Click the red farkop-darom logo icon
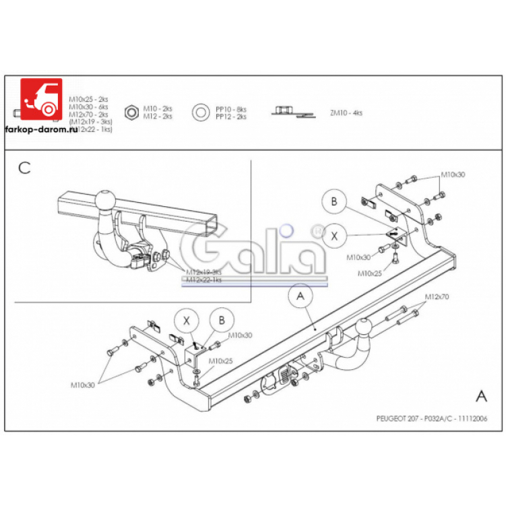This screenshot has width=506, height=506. point(40,100)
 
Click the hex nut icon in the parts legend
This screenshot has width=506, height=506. point(132,112)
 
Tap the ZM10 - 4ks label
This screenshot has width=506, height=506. point(346,113)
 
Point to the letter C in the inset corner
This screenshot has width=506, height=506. point(24,168)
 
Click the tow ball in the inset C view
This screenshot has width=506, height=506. point(107,200)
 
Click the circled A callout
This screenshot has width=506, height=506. point(299,295)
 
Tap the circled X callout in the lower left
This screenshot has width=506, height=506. point(187,321)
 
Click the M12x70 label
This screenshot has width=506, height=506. point(437,296)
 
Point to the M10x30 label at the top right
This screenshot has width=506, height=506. point(453,175)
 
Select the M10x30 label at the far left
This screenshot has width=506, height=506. point(83,385)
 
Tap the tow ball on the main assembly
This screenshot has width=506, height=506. point(365,327)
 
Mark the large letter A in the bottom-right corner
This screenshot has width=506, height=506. point(481,395)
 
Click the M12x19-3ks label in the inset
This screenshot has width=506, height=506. point(203,272)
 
